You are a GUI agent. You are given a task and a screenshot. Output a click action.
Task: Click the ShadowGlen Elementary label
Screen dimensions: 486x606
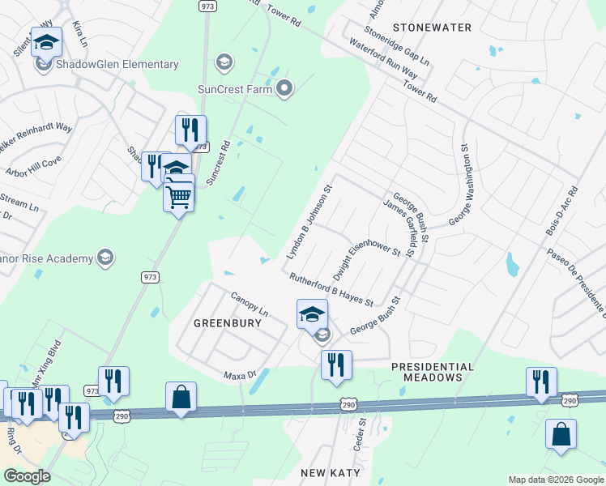tap(117, 65)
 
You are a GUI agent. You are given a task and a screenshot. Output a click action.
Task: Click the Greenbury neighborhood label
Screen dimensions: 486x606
tap(227, 323)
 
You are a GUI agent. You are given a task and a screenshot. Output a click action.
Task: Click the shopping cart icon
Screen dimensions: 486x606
tap(178, 195)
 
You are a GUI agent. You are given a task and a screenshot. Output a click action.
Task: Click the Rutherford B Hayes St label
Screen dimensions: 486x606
tap(331, 290)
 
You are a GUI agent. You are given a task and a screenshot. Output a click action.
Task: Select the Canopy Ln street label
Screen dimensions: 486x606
tap(249, 305)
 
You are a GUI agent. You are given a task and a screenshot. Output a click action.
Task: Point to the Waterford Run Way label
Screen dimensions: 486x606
tap(384, 56)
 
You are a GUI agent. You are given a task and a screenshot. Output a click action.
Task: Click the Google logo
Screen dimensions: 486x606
tap(27, 476)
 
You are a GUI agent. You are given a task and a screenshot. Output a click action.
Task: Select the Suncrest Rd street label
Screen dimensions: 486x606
tap(218, 163)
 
